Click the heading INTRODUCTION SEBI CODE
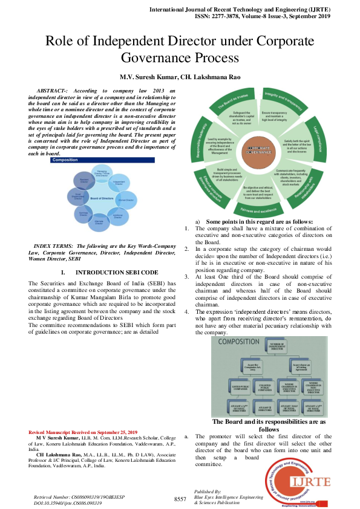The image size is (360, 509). [105, 273]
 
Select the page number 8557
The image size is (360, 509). [180, 499]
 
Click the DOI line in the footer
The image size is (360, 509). [68, 502]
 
